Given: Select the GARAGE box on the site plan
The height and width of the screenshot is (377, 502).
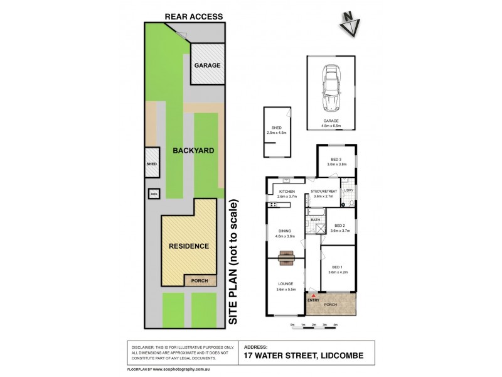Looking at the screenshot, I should pyautogui.click(x=206, y=65).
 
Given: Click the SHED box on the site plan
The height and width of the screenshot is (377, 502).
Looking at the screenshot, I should pyautogui.click(x=151, y=164).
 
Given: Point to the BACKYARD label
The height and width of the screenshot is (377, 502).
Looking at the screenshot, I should pyautogui.click(x=191, y=151).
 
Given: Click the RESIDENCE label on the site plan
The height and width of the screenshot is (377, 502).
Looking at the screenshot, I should pyautogui.click(x=188, y=246).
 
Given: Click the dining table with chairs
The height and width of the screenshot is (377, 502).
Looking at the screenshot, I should pyautogui.click(x=287, y=256).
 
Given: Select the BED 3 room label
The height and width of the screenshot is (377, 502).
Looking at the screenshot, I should pyautogui.click(x=336, y=160).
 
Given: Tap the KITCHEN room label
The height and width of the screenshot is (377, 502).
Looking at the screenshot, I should pyautogui.click(x=287, y=192).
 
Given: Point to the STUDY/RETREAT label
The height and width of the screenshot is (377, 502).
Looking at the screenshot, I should pyautogui.click(x=325, y=192).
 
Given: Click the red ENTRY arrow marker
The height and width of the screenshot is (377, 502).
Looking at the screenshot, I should pyautogui.click(x=310, y=295).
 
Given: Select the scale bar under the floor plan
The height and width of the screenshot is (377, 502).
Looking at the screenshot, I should pyautogui.click(x=314, y=324).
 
